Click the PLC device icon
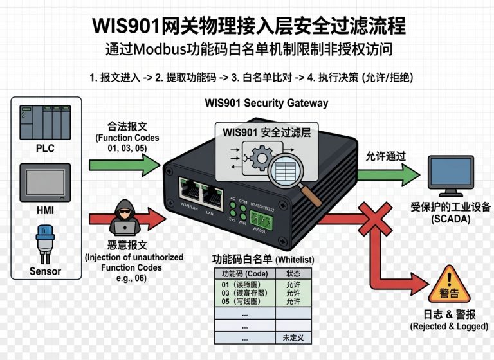click(45, 123)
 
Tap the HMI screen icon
click(45, 183)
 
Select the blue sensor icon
click(45, 244)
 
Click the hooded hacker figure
click(125, 217)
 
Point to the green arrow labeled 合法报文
click(125, 165)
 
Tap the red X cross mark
click(376, 219)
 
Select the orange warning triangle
click(449, 284)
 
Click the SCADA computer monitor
click(450, 175)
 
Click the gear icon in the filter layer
click(262, 157)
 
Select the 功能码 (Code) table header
click(245, 273)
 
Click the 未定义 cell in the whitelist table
click(293, 338)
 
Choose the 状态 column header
click(293, 273)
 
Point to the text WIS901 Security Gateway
click(266, 103)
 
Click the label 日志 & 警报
click(449, 314)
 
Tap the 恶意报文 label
click(127, 245)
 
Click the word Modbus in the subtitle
click(160, 50)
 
